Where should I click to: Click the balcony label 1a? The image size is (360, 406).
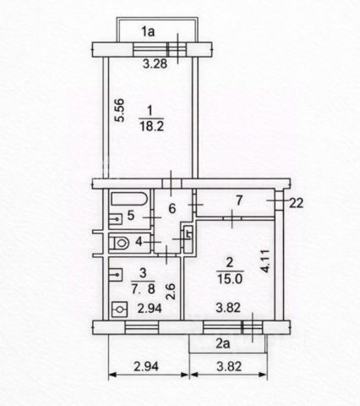coord(148,31)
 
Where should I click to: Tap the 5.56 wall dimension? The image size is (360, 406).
coord(119,110)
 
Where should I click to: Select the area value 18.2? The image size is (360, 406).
coord(152,126)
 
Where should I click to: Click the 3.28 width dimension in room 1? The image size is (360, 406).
coord(155,64)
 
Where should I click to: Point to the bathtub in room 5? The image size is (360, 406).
coord(129,199)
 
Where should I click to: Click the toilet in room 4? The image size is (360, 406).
coord(119,243)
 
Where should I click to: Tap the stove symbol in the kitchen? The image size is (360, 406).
coord(120,310)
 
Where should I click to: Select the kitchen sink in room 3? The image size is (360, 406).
coord(116,274)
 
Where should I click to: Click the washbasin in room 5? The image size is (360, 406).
coord(116,218)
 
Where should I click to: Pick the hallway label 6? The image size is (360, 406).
coord(172,209)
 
